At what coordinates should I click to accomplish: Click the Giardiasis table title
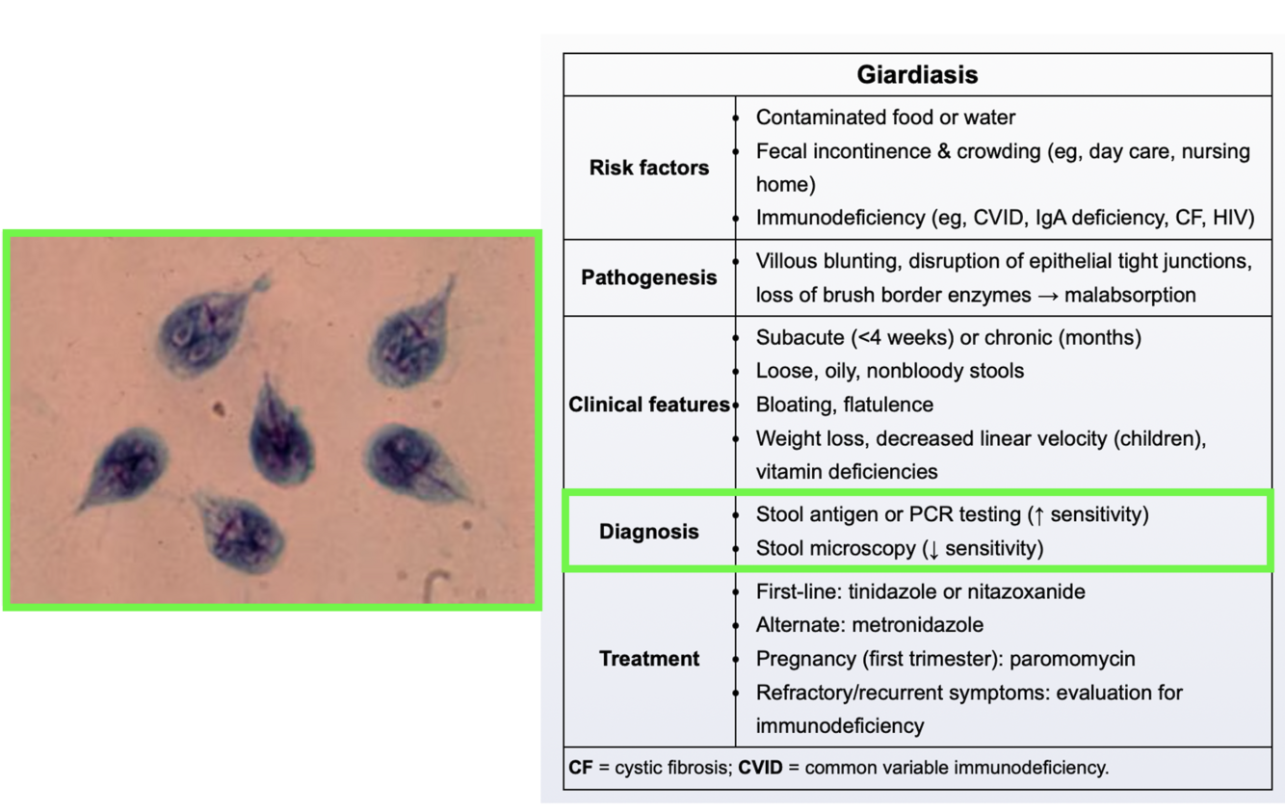point(916,74)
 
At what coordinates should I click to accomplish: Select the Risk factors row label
point(648,168)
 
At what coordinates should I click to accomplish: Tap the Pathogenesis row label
point(648,277)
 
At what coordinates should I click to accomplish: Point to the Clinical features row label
point(648,405)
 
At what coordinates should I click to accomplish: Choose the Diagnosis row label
point(648,532)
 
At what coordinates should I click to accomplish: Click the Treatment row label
point(648,659)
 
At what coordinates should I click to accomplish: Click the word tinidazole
point(891,591)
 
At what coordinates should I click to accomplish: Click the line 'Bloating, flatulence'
point(844,405)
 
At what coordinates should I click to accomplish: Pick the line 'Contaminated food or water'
point(885,118)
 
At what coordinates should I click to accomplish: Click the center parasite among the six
point(280,436)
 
